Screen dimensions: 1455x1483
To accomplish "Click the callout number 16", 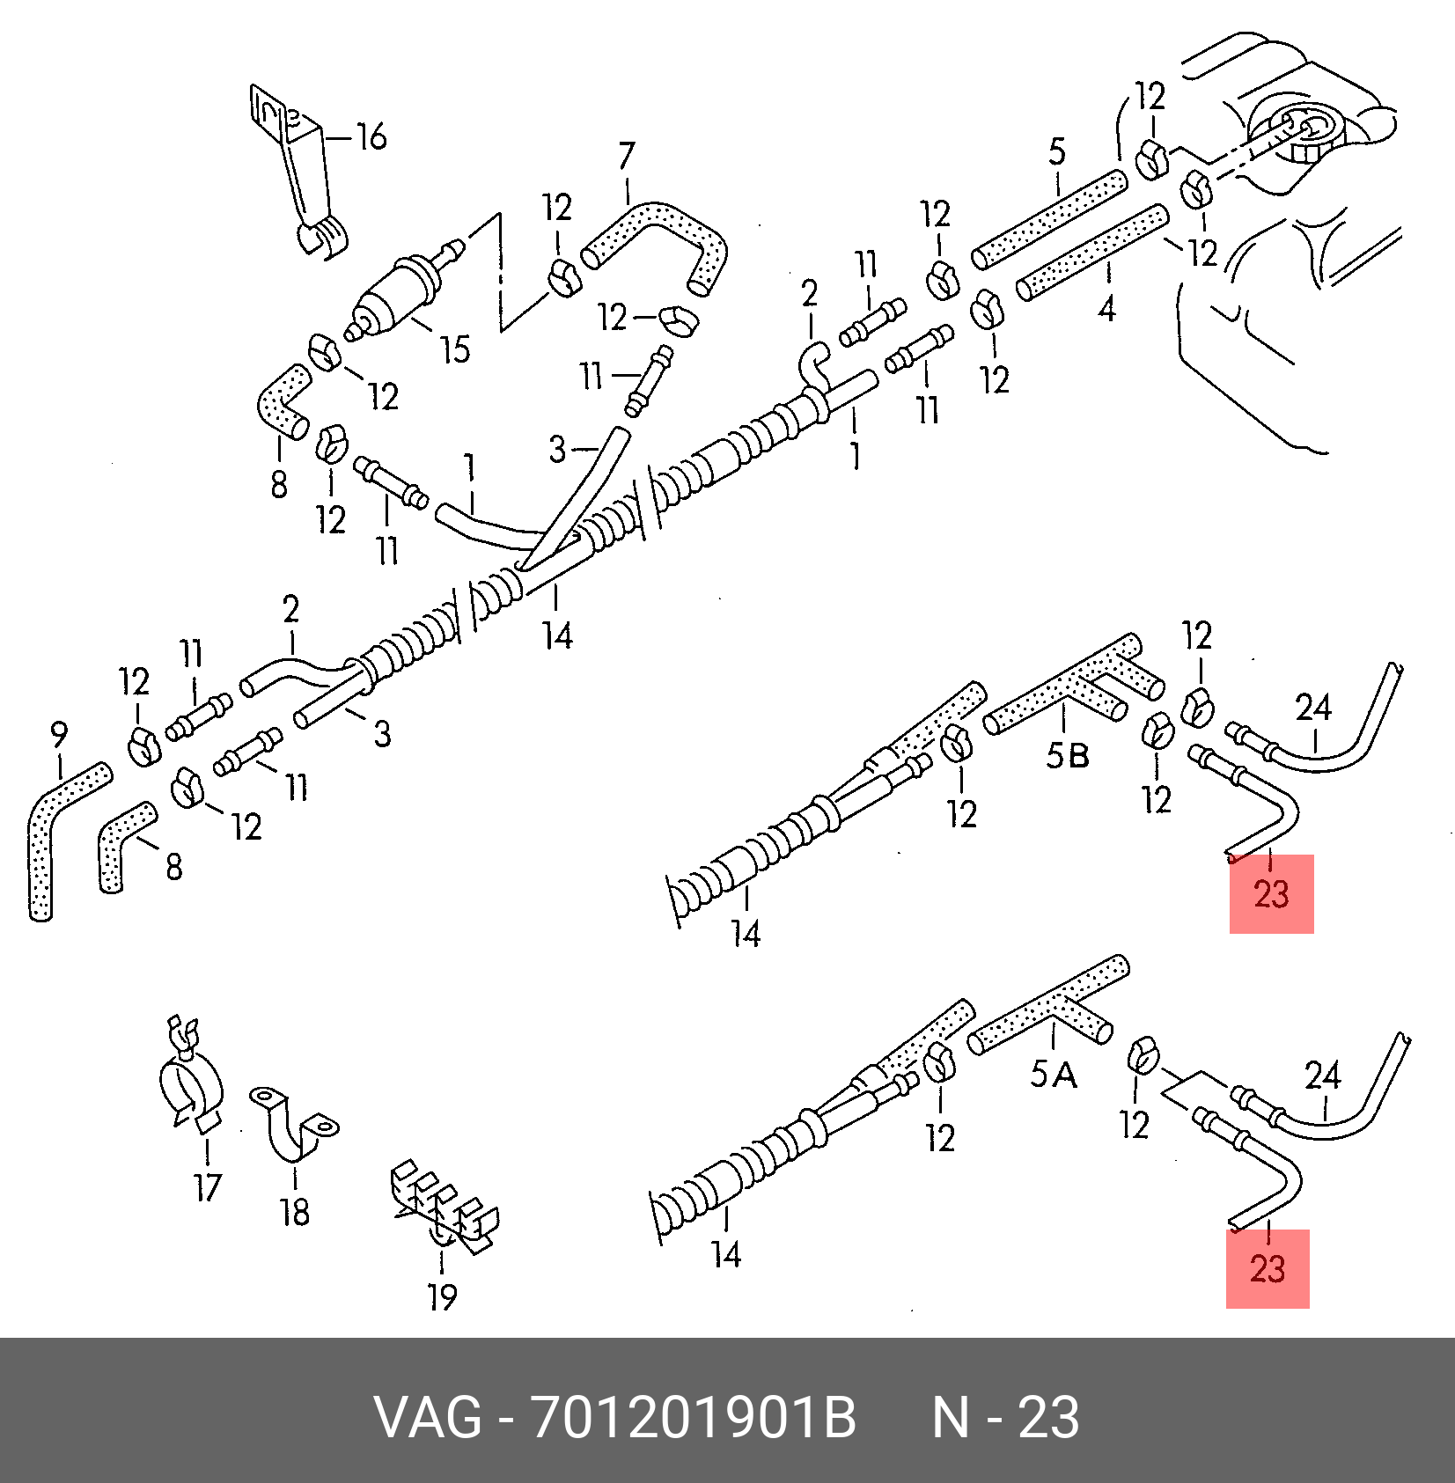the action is [x=371, y=136].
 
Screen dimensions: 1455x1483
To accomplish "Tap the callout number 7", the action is [x=627, y=156].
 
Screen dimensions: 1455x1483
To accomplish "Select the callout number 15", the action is [x=455, y=350].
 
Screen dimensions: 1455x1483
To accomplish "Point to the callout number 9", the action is [x=58, y=734].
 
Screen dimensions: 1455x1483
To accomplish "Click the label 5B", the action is [x=1068, y=755].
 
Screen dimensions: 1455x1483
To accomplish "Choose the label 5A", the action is [x=1054, y=1074].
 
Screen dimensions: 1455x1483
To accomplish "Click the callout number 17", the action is [x=208, y=1188].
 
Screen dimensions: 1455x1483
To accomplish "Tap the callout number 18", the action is [x=295, y=1213].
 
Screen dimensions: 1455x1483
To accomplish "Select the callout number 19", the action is [x=443, y=1296].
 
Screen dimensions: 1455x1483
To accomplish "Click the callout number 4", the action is [x=1106, y=309].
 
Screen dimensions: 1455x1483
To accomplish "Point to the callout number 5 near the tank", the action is [x=1057, y=151].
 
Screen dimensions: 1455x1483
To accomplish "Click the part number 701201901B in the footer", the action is [x=694, y=1418].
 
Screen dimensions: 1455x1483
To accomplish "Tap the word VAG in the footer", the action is [x=429, y=1418].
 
